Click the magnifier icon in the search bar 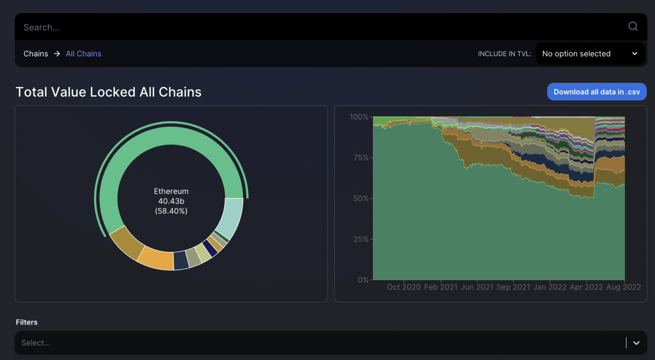coord(633,27)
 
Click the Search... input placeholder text coord(42,27)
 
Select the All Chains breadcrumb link coord(83,54)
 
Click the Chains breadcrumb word coord(36,54)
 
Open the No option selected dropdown coord(590,54)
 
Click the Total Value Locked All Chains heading coord(108,92)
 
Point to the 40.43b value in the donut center coord(171,201)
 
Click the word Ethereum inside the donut coord(171,191)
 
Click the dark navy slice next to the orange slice coord(181,260)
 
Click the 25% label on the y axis coord(361,239)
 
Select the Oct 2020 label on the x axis coord(404,287)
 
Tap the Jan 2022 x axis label coord(550,287)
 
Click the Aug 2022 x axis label coord(623,287)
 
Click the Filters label coord(27,322)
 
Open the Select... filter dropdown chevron coord(636,343)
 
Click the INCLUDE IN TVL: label coord(504,54)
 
